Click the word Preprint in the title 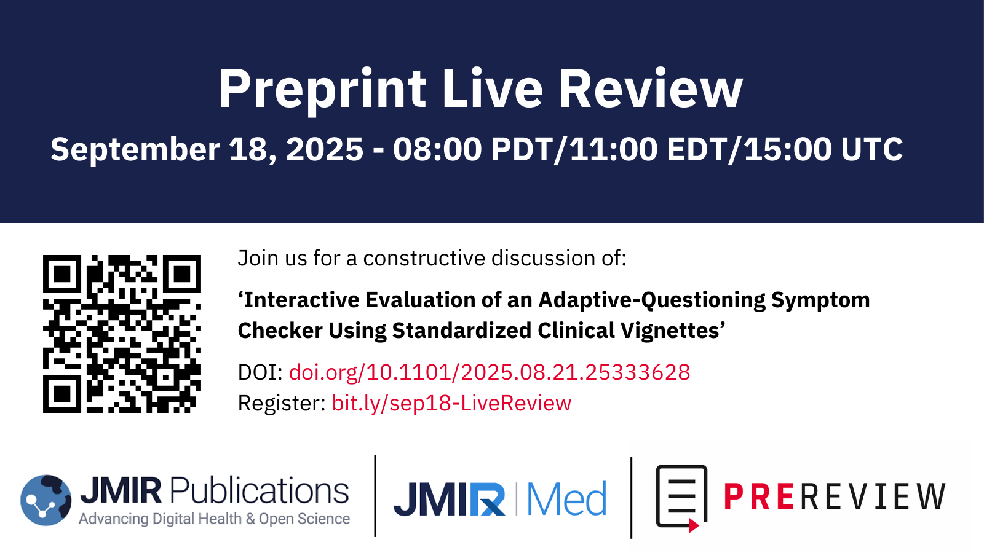point(322,90)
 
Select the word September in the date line point(135,150)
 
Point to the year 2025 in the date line point(325,149)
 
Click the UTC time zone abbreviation point(871,149)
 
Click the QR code point(122,334)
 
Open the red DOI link point(490,372)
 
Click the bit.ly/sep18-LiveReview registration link point(451,403)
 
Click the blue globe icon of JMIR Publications point(46,500)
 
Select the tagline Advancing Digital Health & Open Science point(215,519)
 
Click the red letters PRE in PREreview point(759,496)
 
